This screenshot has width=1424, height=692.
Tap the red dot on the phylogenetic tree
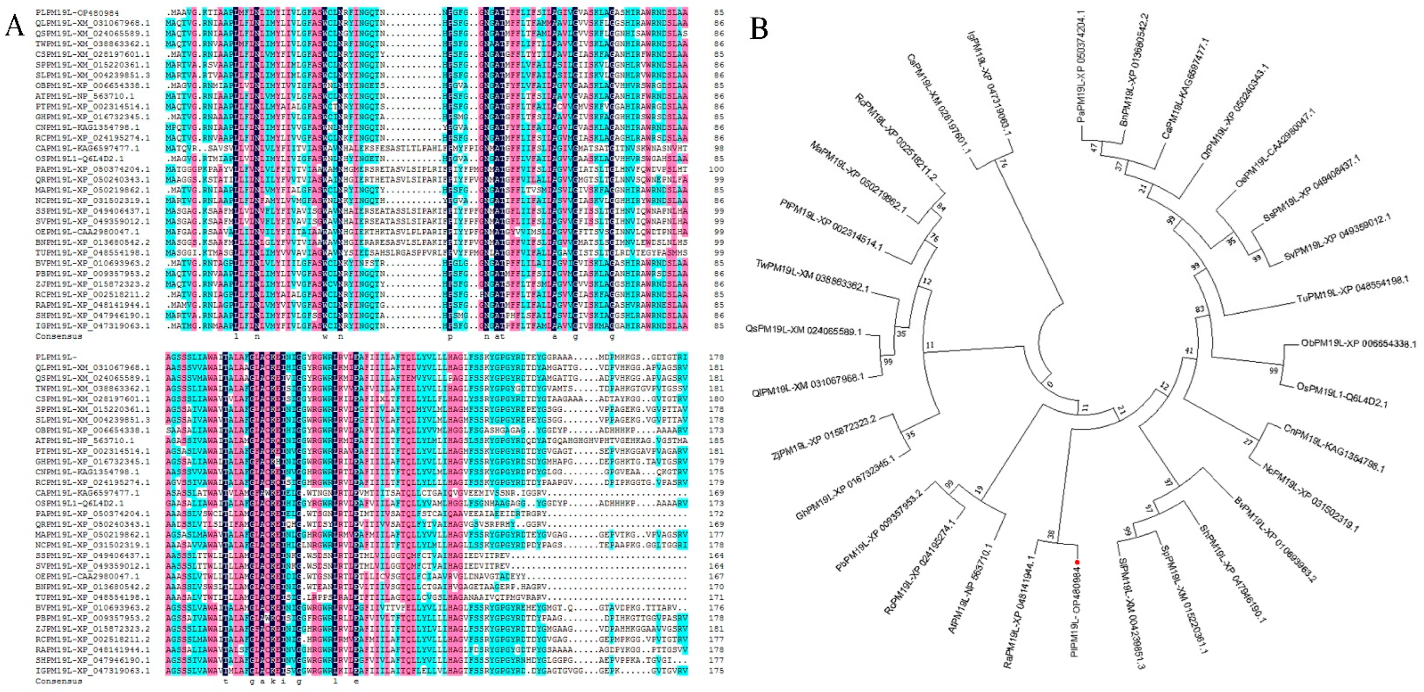point(1077,563)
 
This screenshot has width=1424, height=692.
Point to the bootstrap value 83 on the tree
point(1199,309)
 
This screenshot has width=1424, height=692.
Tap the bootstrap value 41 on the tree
point(1188,351)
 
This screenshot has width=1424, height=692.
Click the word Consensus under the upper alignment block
point(59,336)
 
